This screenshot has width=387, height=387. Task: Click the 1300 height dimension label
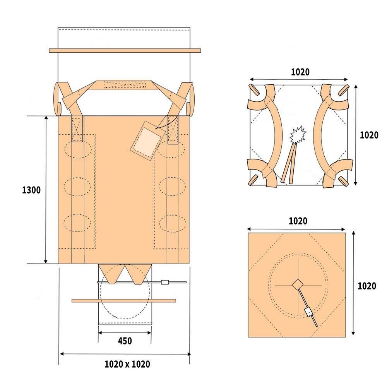click(31, 190)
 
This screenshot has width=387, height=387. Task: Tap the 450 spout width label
click(125, 341)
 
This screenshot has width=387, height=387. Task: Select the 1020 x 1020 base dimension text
click(127, 364)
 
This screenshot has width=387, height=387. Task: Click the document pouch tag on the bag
click(148, 141)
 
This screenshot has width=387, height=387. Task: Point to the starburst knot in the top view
click(298, 135)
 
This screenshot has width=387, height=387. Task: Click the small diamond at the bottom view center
click(297, 284)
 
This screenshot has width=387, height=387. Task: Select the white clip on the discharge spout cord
click(164, 282)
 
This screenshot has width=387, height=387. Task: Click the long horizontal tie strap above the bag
click(125, 51)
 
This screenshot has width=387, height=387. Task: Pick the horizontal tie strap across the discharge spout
click(124, 301)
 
